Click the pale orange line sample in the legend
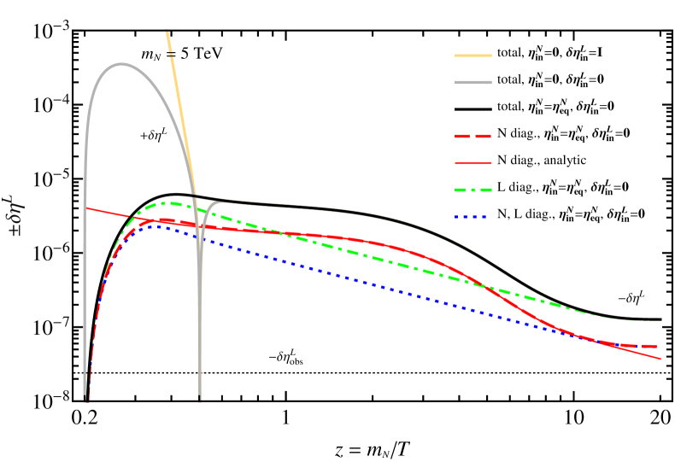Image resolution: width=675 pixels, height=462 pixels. [472, 56]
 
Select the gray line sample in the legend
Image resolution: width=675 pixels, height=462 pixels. [472, 83]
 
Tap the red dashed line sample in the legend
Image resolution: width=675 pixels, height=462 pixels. [472, 136]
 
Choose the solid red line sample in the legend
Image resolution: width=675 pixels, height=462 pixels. [472, 162]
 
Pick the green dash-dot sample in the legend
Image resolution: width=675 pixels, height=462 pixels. [472, 190]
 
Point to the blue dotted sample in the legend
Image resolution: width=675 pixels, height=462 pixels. [472, 217]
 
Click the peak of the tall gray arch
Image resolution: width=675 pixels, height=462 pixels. [121, 63]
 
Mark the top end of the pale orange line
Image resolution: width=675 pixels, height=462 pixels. [167, 31]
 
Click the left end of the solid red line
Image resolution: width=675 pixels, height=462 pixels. [85, 208]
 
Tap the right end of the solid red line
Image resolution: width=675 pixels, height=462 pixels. [661, 359]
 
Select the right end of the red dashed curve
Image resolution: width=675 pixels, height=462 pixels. [657, 346]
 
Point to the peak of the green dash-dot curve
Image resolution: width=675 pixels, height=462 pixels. [171, 203]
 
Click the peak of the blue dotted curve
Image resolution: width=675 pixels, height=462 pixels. [156, 225]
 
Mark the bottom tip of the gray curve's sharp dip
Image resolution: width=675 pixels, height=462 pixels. [200, 398]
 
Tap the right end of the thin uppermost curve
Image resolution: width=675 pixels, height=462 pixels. [661, 319]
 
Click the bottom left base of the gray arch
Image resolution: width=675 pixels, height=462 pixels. [85, 399]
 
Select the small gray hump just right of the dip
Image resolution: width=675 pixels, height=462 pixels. [219, 202]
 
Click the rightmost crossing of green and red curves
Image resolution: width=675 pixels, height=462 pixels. [488, 288]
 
